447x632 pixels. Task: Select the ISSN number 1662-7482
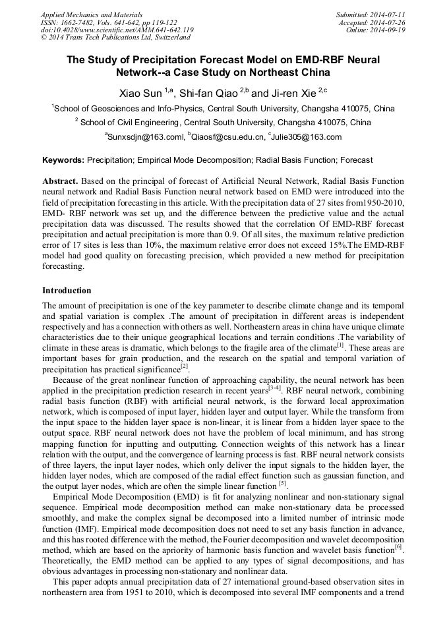coord(78,22)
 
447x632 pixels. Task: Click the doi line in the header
coord(117,30)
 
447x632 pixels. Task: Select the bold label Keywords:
coord(63,160)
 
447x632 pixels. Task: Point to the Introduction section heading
coord(67,291)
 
